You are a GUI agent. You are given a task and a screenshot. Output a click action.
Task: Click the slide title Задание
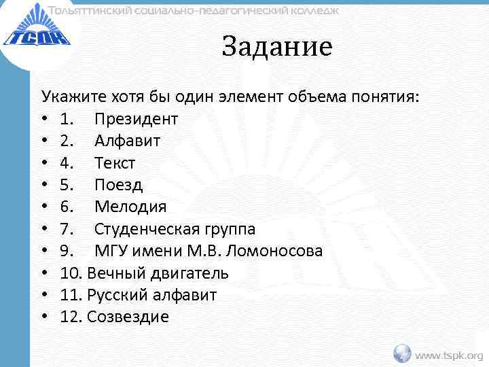coord(277,47)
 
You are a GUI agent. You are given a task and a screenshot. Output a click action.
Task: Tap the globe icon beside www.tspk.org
coord(403,353)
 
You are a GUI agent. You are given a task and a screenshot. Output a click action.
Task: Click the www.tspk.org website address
coord(449,355)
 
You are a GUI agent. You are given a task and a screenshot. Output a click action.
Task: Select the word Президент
coord(136,120)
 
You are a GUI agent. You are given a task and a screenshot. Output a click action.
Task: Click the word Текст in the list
coord(115,163)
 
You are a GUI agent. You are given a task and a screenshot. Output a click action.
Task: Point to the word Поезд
coord(118,185)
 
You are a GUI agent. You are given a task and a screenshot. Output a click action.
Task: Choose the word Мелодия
coord(130,207)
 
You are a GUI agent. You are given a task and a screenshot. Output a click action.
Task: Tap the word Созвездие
coord(128,317)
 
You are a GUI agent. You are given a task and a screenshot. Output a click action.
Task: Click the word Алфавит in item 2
coord(127,141)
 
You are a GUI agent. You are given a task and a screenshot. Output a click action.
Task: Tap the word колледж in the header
coord(308,10)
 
